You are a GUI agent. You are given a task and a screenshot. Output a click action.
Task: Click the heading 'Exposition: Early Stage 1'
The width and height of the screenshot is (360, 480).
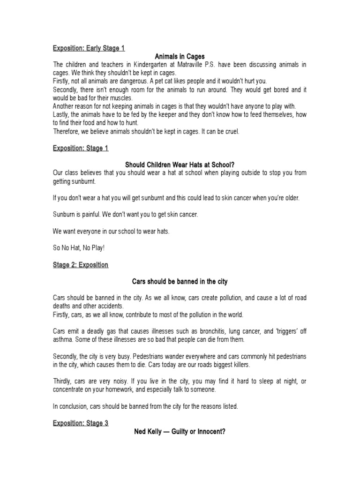[x=89, y=48]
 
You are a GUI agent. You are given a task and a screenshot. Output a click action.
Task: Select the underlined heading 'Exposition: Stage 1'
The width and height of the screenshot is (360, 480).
[x=80, y=148]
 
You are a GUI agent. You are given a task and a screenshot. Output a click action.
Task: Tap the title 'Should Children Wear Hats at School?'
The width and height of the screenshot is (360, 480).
[x=180, y=165]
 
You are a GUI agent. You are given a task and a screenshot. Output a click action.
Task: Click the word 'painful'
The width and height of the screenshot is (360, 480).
[x=89, y=214]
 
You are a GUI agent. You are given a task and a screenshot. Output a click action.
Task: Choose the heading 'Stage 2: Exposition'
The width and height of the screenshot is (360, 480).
[x=80, y=265]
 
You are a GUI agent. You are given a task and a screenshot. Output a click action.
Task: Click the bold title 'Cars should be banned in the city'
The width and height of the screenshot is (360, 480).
[x=180, y=282]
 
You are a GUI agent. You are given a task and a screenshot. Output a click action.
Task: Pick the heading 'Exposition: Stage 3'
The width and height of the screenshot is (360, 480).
[x=80, y=423]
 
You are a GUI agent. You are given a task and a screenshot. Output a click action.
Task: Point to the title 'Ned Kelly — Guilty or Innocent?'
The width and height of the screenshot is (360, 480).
[x=180, y=431]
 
